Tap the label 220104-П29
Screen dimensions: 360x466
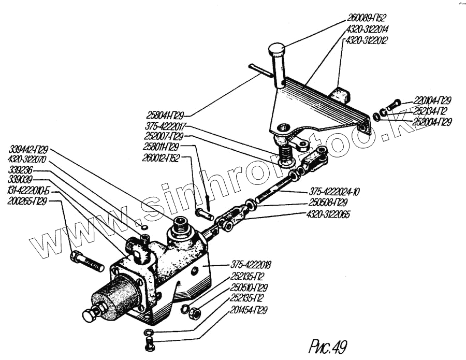(x=432, y=100)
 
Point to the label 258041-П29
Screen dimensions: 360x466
(x=164, y=113)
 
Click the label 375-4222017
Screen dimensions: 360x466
(x=165, y=126)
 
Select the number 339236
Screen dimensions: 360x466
(x=20, y=169)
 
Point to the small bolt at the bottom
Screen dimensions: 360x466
(x=149, y=342)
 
